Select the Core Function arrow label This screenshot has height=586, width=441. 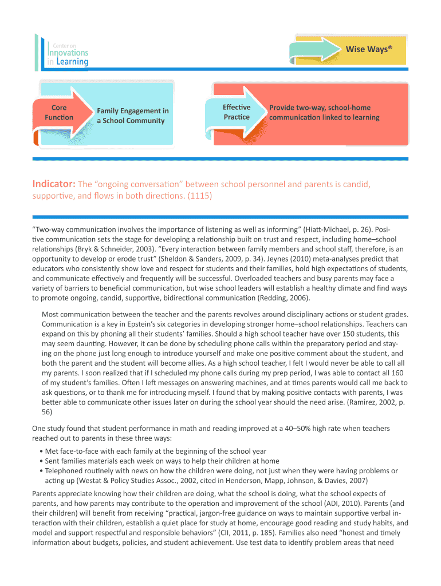coord(59,112)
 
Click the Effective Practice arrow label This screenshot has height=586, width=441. coord(237,112)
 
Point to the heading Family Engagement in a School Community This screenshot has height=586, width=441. coord(133,116)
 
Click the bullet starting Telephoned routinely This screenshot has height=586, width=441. coord(218,470)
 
